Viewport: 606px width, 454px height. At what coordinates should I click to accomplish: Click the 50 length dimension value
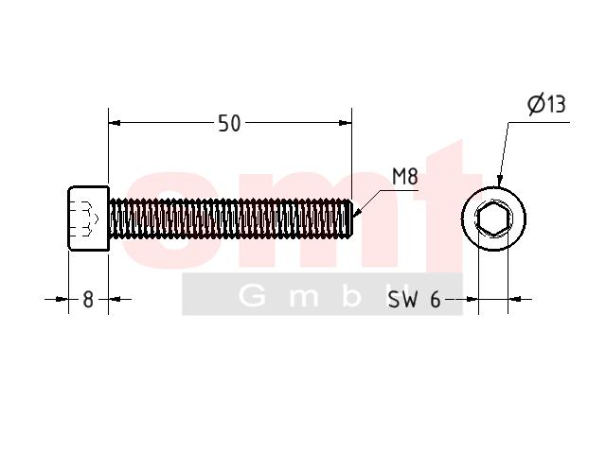(x=229, y=124)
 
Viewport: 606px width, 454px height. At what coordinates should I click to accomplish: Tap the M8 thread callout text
(x=405, y=177)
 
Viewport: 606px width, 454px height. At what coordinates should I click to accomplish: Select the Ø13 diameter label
(x=547, y=104)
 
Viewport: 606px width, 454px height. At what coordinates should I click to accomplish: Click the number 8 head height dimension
(x=88, y=300)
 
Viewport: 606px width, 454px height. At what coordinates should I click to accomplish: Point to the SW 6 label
(x=414, y=299)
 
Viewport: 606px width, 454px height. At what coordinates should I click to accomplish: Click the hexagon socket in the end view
(x=492, y=218)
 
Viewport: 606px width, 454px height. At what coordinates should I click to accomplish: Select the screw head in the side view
(x=88, y=218)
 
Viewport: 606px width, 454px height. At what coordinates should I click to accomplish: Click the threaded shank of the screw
(x=230, y=218)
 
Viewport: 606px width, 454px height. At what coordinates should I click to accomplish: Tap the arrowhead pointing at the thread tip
(x=357, y=213)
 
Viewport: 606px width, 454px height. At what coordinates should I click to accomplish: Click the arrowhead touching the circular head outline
(x=500, y=181)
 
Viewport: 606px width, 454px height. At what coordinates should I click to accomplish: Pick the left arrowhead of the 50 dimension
(x=115, y=123)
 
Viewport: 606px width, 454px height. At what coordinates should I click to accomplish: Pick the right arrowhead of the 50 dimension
(x=345, y=123)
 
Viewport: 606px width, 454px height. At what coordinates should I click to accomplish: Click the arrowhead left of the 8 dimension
(x=62, y=299)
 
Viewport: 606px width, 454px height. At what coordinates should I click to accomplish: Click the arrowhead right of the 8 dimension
(x=115, y=299)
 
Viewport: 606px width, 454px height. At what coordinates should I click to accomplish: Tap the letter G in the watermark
(x=252, y=296)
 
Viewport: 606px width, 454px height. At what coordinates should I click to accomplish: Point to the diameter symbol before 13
(x=537, y=104)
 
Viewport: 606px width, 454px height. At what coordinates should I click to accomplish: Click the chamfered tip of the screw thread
(x=350, y=218)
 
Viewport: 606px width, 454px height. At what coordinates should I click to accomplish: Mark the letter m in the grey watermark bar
(x=304, y=298)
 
